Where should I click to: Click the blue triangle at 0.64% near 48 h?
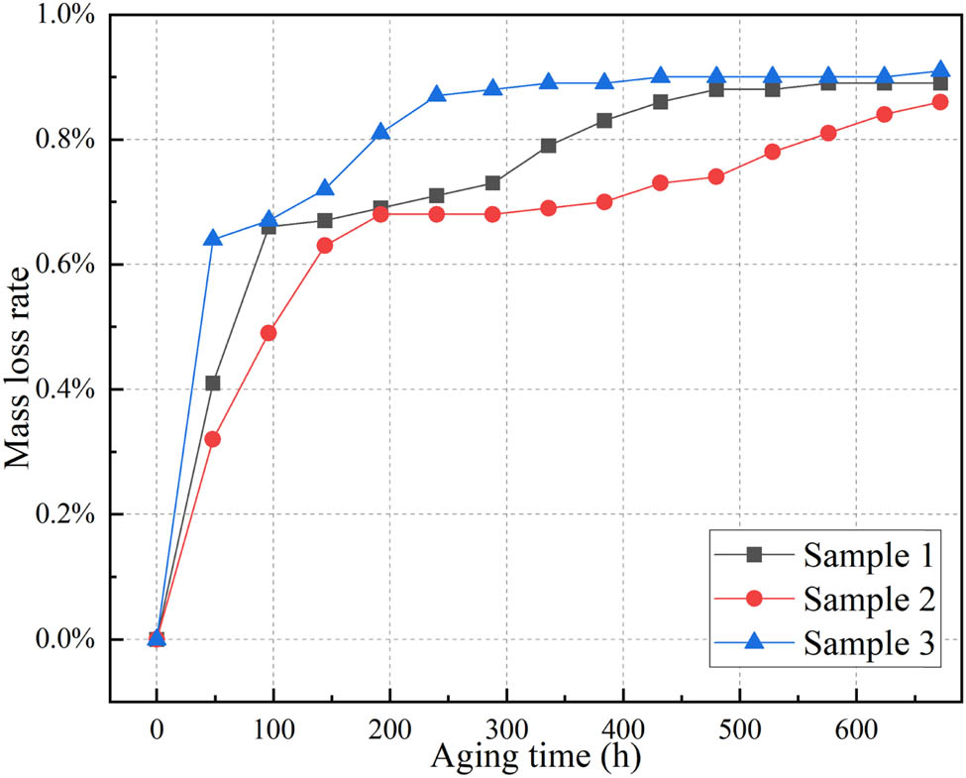[212, 238]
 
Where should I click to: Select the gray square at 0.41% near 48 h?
[212, 383]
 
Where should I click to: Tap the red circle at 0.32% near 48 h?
[212, 439]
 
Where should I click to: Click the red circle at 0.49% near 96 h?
[268, 333]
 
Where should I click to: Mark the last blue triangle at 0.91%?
[940, 70]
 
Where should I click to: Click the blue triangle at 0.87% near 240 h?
[437, 95]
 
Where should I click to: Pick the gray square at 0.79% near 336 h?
[549, 146]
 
